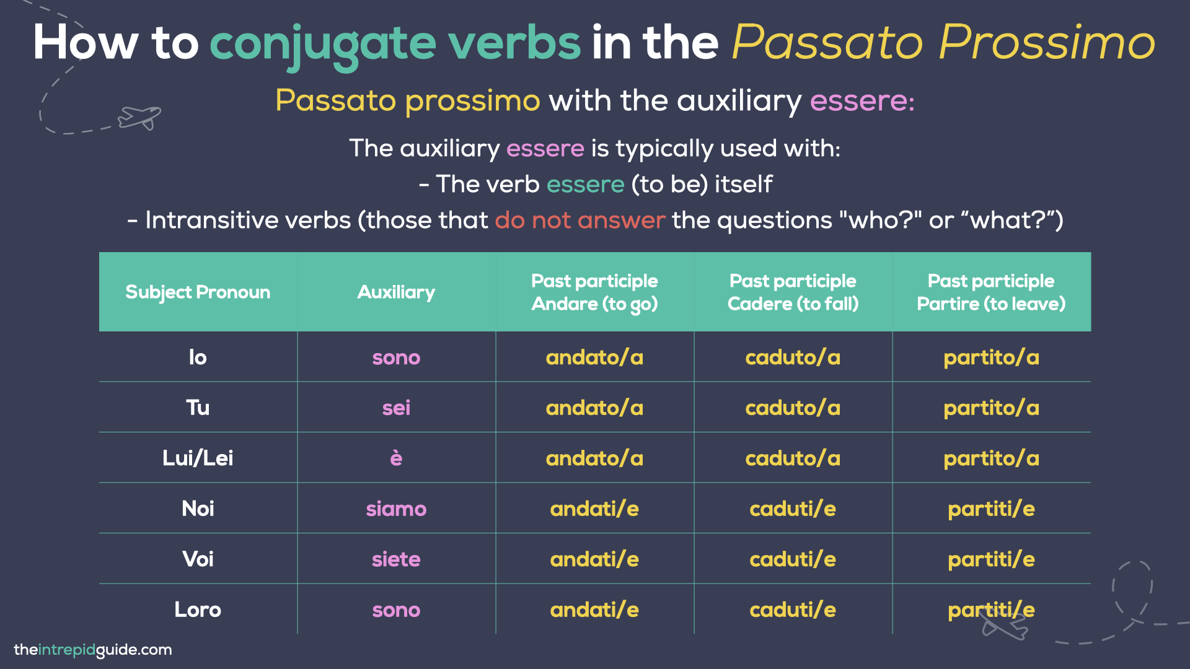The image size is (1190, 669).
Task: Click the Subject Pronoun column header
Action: point(198,292)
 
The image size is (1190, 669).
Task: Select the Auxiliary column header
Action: point(396,292)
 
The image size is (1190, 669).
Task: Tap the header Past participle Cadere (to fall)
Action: point(793,292)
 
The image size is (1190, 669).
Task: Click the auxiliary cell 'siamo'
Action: point(396,509)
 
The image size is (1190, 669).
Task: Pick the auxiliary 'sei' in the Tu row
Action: point(396,408)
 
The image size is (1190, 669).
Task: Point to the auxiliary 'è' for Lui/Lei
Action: point(396,458)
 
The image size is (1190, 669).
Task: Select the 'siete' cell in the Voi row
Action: point(396,559)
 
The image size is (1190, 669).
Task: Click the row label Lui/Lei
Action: point(198,458)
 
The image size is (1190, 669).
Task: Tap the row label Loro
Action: point(198,610)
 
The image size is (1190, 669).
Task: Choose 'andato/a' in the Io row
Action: point(594,357)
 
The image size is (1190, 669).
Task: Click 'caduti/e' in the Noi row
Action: point(793,509)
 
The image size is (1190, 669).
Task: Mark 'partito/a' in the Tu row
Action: point(991,408)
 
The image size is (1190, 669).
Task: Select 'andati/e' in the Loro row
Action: point(594,610)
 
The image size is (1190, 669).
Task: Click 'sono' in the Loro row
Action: point(396,610)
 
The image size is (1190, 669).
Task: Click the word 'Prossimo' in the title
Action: point(1047,42)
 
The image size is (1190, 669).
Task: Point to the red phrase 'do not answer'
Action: point(580,220)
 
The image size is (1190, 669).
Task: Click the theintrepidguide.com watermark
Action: point(93,650)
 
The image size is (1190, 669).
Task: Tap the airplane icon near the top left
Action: point(140,117)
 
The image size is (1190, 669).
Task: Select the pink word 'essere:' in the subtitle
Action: point(862,100)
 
